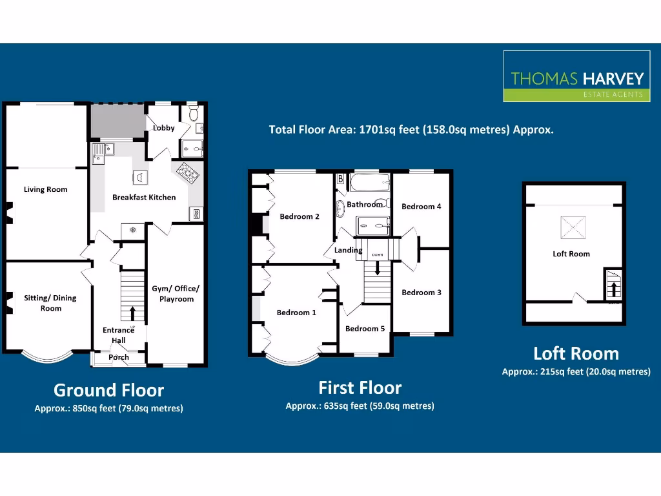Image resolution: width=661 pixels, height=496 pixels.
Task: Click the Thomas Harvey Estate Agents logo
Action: pos(577,76)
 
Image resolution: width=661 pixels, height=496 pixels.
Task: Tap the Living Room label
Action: pos(45,189)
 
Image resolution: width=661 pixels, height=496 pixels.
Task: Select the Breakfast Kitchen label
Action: pos(144,197)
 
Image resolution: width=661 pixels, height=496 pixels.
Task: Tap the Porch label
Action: pos(119,357)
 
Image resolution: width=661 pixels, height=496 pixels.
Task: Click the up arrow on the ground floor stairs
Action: pos(132,313)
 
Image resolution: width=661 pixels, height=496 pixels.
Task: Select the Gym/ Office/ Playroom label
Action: pos(176,294)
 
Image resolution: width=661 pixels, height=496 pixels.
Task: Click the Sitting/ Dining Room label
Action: pos(50,303)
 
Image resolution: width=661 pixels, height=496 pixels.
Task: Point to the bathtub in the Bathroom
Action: pos(370,183)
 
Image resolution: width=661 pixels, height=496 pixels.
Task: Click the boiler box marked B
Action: pos(340,179)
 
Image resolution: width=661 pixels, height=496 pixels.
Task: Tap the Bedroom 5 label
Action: pos(365,329)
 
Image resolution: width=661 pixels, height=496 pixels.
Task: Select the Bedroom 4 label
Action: pos(422,207)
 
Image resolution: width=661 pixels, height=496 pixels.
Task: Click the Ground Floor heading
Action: pos(108,390)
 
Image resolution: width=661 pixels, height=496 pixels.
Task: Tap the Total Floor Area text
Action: pos(411,129)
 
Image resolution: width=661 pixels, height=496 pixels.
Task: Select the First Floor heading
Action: pos(360,387)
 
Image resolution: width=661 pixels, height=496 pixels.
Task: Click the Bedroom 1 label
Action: pos(296,313)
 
